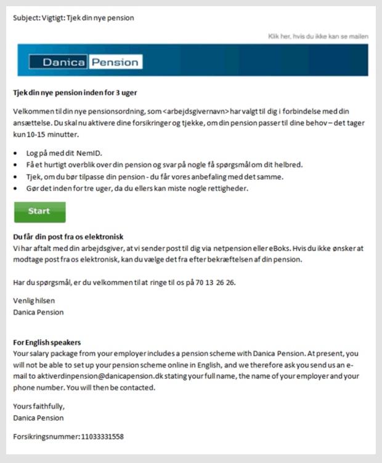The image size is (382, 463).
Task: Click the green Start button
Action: pyautogui.click(x=39, y=211)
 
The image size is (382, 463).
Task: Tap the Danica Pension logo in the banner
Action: pyautogui.click(x=86, y=62)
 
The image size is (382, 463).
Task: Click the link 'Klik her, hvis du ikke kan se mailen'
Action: pyautogui.click(x=318, y=36)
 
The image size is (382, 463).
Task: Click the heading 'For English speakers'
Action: pyautogui.click(x=47, y=342)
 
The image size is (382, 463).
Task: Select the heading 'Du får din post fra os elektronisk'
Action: pyautogui.click(x=68, y=237)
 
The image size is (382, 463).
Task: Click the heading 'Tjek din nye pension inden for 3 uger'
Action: pyautogui.click(x=75, y=93)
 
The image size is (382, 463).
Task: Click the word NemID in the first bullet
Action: pyautogui.click(x=88, y=153)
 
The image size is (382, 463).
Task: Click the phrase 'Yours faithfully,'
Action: pyautogui.click(x=39, y=406)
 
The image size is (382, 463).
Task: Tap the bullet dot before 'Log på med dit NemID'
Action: pyautogui.click(x=16, y=153)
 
